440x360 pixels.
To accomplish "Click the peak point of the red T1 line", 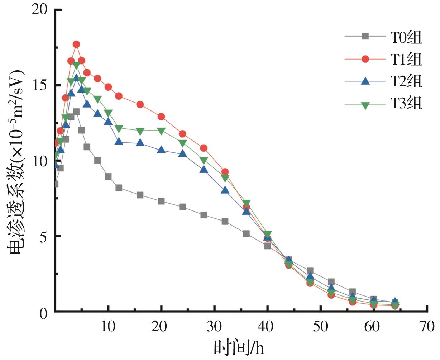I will click(x=76, y=44).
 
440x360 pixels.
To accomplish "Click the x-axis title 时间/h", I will click(x=239, y=347).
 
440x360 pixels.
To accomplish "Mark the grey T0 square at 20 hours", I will click(x=161, y=201).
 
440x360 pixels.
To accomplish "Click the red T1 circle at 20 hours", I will click(x=161, y=117).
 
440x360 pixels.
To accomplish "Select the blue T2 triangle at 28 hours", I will click(x=204, y=169).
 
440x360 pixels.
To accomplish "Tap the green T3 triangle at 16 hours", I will click(x=140, y=131).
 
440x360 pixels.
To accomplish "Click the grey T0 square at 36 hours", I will click(x=246, y=233).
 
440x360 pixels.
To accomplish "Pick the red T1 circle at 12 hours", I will click(x=119, y=96).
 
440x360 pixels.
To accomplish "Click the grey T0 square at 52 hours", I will click(x=331, y=282).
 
